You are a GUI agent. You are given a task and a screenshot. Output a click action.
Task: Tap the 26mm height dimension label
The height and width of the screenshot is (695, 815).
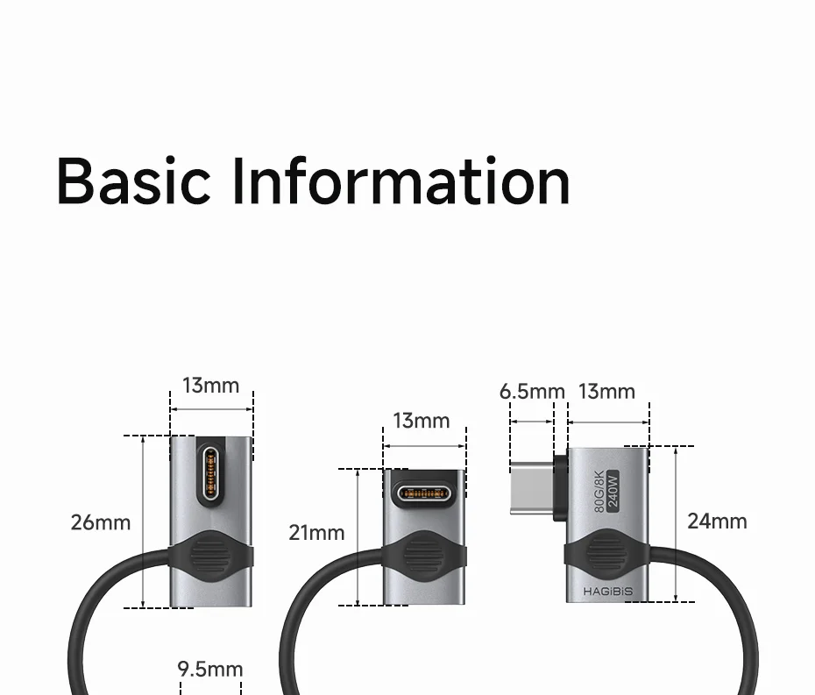[101, 522]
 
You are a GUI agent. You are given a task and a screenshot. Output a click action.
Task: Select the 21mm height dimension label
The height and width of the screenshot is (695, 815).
[317, 532]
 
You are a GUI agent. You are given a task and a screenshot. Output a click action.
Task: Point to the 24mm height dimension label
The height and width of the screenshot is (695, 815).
[717, 521]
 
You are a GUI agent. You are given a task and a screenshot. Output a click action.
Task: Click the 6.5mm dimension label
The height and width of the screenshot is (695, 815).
[532, 391]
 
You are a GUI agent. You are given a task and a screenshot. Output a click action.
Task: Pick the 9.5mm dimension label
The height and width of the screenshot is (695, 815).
[210, 670]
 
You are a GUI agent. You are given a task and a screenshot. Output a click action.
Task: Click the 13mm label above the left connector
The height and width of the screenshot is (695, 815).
[210, 386]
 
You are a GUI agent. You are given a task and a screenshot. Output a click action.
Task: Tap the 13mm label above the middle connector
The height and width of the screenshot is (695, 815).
[421, 421]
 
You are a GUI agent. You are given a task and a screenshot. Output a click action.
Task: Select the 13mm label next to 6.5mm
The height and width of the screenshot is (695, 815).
[606, 391]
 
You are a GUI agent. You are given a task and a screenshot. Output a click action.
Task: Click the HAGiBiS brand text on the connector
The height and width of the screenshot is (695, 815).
[607, 592]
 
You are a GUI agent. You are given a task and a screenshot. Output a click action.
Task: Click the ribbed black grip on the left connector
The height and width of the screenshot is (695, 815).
[210, 556]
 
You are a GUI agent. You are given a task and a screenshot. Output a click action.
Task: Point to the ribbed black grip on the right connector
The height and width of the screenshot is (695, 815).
[606, 554]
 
